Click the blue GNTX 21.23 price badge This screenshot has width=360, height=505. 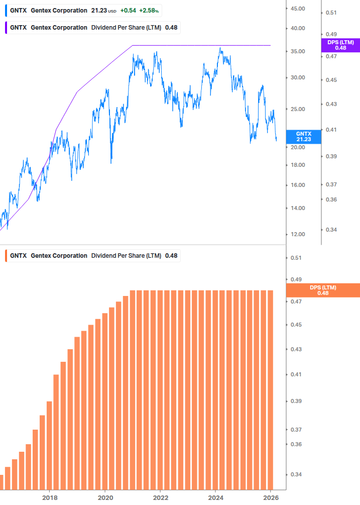click(303, 137)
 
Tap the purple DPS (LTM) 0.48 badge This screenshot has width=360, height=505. click(340, 45)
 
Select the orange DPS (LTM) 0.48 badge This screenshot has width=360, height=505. click(322, 290)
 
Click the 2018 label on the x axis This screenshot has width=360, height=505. click(49, 497)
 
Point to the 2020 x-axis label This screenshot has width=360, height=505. click(105, 497)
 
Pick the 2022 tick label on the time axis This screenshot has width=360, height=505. click(160, 497)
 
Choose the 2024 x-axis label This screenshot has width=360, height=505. click(215, 497)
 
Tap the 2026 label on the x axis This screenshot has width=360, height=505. click(271, 497)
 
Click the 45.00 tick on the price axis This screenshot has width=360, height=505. click(298, 9)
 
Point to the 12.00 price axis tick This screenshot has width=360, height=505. click(298, 234)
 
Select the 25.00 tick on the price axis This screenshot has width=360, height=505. click(298, 109)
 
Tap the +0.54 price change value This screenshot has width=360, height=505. click(128, 10)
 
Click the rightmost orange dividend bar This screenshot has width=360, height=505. click(270, 389)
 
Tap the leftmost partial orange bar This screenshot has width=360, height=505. click(2, 482)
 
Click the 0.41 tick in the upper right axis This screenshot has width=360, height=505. click(331, 130)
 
